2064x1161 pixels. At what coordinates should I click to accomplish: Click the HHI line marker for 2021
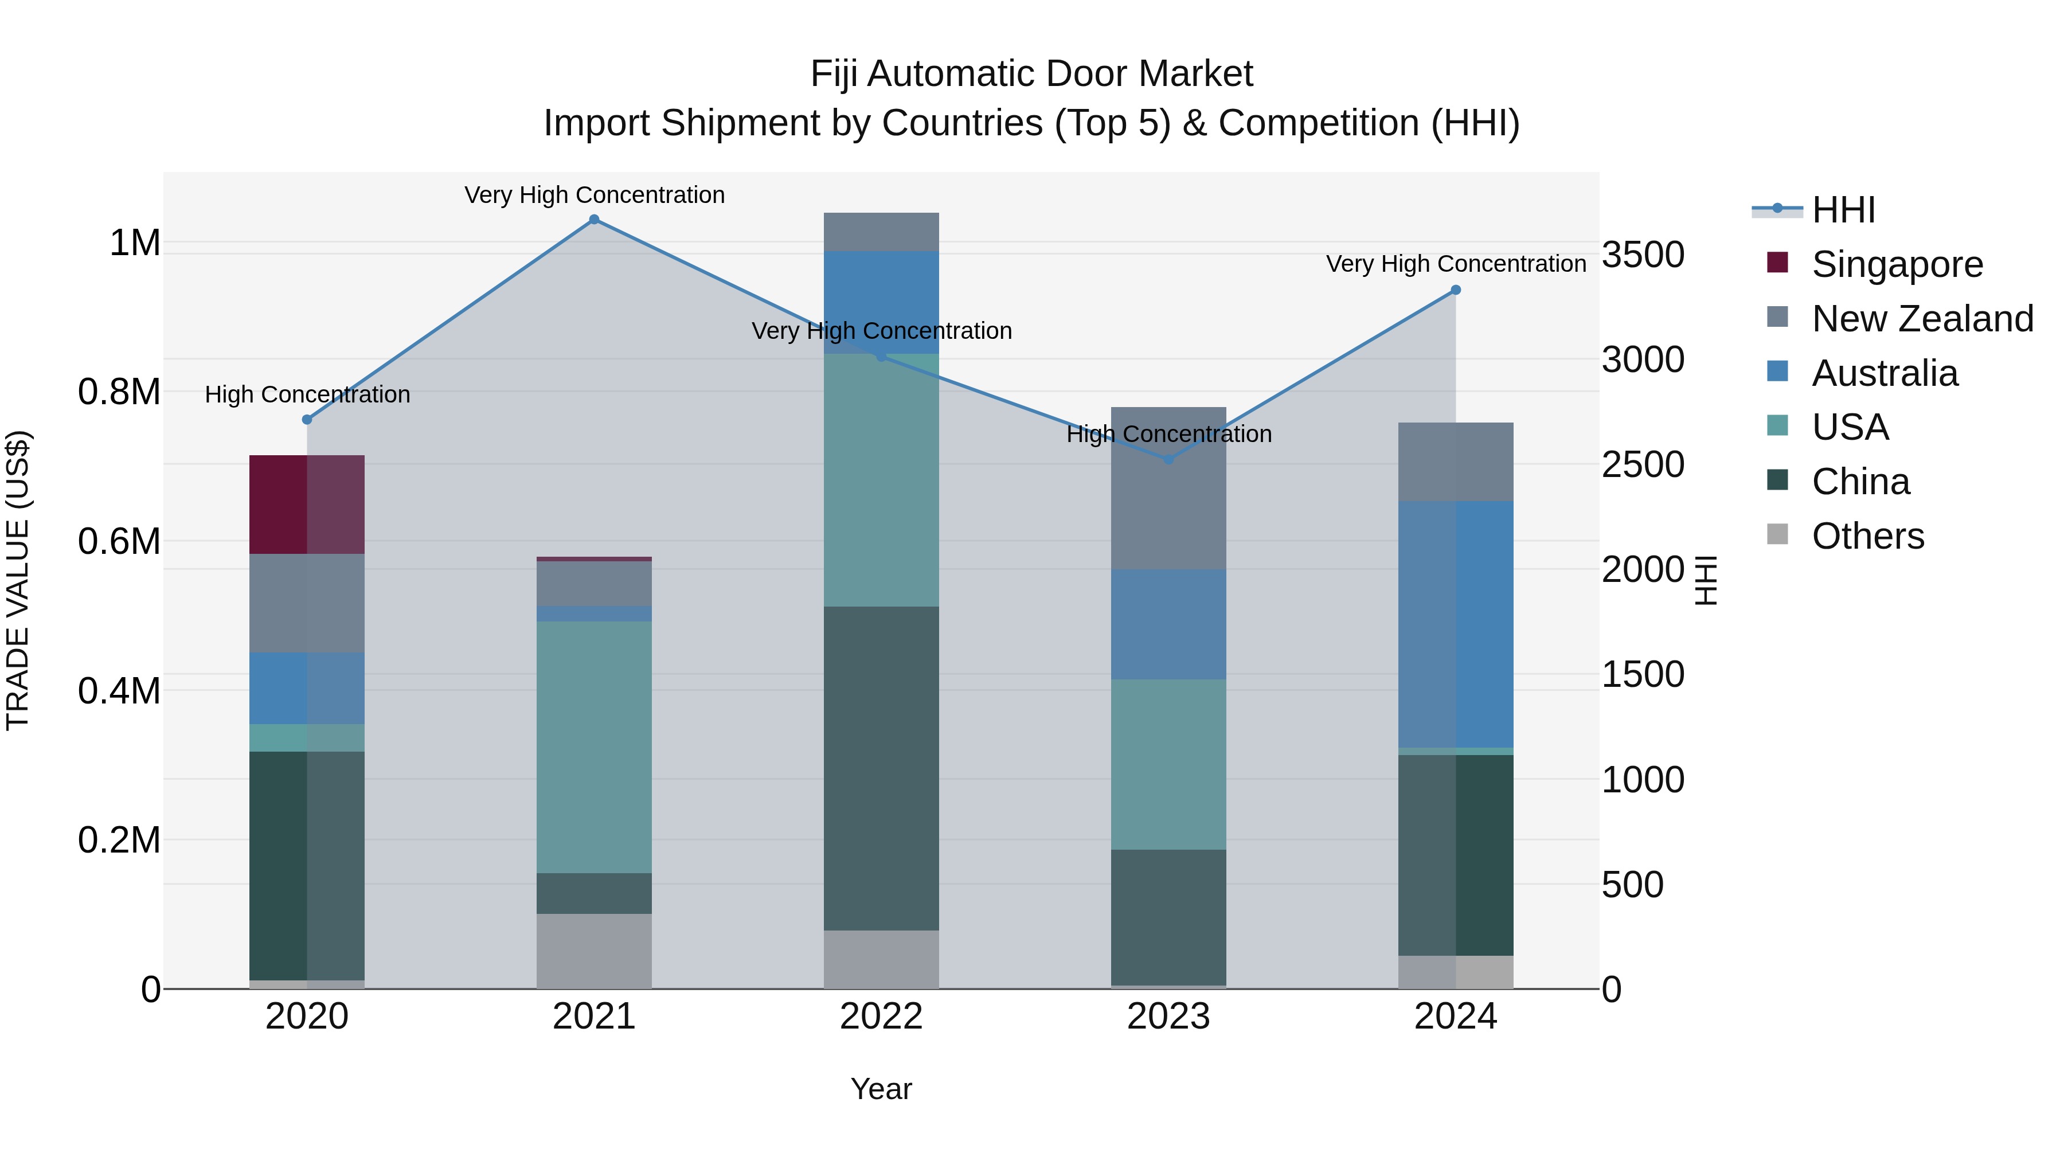(594, 220)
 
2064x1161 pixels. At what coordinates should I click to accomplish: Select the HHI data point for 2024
(1456, 290)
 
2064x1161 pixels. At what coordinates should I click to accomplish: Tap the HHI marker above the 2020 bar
(307, 419)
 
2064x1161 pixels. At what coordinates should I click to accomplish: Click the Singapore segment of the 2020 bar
(307, 504)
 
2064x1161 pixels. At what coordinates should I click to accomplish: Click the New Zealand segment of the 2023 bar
(1168, 488)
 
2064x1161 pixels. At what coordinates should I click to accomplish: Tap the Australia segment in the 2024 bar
(1456, 624)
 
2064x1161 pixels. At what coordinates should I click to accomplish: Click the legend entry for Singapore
(1897, 264)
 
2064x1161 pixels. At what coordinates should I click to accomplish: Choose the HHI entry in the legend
(1843, 210)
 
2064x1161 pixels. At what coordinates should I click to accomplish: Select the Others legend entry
(1867, 536)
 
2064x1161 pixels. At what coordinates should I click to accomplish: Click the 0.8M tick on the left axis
(119, 392)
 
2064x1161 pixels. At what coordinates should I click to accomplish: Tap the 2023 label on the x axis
(1168, 1017)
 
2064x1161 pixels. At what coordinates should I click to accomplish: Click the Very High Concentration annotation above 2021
(594, 195)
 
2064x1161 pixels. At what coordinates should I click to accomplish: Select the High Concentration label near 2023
(1168, 434)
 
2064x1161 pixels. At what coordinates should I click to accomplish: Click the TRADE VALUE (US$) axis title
(18, 580)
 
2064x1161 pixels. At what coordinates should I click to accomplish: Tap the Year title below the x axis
(881, 1089)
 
